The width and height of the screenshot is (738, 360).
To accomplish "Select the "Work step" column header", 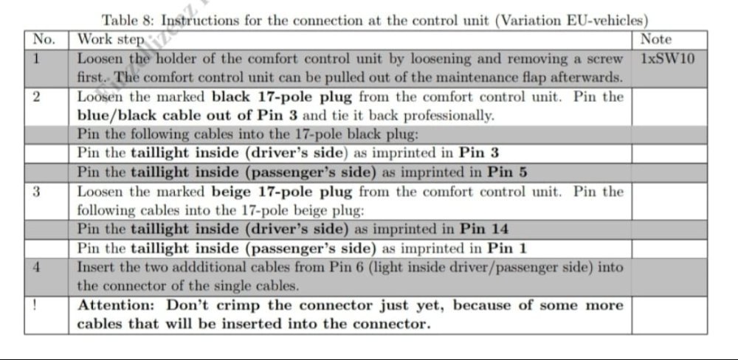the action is (110, 40).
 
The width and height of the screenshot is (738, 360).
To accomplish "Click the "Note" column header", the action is (656, 39).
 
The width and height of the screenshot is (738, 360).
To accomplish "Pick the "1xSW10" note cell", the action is (667, 59).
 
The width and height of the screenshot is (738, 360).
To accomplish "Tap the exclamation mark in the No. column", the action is (35, 305).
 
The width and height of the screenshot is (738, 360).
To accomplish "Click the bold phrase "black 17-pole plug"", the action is (281, 97).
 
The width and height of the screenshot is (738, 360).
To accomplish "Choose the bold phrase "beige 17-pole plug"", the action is (281, 192).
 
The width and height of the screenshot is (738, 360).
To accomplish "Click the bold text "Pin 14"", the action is (484, 229).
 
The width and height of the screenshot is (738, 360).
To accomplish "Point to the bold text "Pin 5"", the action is (507, 173).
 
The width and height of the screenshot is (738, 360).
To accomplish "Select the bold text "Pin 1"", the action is (507, 248).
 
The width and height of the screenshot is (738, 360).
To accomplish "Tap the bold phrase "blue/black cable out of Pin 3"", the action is (187, 116).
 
